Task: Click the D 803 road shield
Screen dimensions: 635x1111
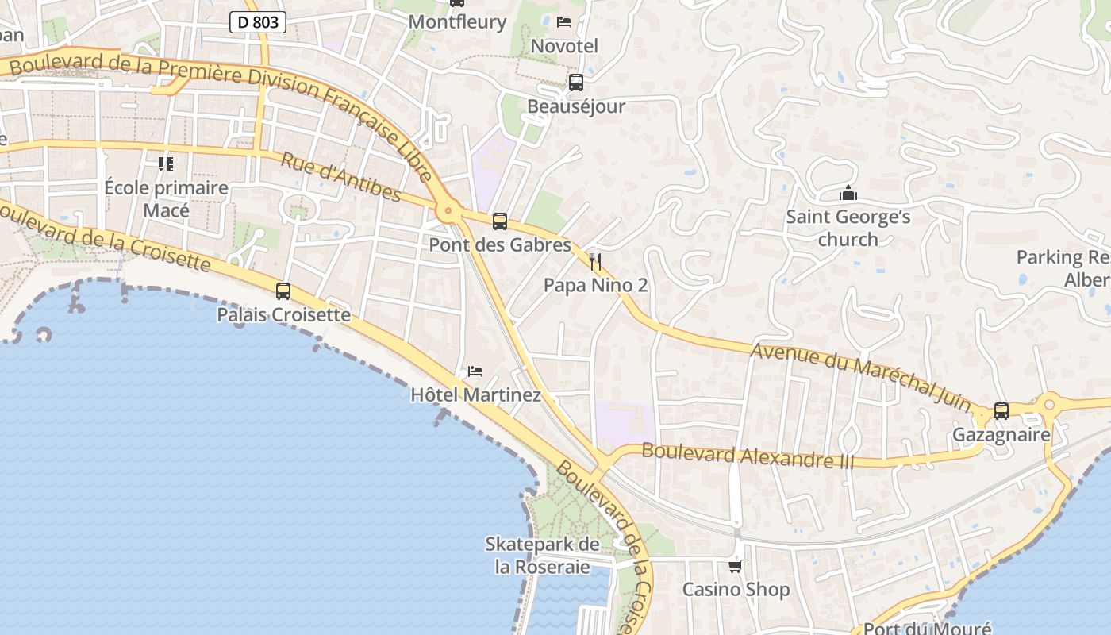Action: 258,22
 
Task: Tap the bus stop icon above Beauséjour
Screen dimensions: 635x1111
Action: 576,83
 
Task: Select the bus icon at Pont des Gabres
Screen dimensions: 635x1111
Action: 499,221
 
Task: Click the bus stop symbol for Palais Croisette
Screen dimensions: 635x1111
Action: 283,291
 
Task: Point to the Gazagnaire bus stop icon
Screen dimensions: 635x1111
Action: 1001,411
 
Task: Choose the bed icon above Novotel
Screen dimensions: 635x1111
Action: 564,22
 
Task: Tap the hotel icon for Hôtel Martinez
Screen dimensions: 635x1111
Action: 475,371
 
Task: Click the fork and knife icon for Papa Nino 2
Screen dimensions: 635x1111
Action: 595,262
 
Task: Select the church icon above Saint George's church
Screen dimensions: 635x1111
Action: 848,193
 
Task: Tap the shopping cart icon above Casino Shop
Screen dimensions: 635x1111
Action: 736,566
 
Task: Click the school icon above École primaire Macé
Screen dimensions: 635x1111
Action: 166,164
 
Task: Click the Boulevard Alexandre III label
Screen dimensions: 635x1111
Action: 748,456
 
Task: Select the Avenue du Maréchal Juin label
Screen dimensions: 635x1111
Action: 860,375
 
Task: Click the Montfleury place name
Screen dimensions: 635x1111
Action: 457,22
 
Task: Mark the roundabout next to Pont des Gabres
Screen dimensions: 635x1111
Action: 448,211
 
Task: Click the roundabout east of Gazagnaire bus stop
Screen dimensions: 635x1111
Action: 1049,405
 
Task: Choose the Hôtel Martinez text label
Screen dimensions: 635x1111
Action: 475,394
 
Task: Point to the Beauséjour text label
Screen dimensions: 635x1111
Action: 576,106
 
